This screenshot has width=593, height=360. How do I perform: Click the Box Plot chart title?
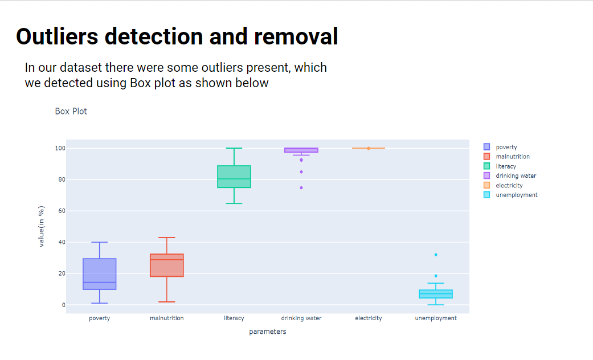[x=71, y=111]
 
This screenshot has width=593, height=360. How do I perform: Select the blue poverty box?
[x=100, y=274]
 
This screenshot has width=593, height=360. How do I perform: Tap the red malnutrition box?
[x=167, y=265]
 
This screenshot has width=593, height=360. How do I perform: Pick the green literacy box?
[x=234, y=177]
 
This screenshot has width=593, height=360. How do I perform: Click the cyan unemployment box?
[x=436, y=294]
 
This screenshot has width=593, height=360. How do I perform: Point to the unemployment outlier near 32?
[x=436, y=255]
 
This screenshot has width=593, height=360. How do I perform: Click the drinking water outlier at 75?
[x=301, y=187]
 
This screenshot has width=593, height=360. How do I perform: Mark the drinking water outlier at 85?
[x=301, y=172]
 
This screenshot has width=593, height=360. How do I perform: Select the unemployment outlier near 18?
[x=436, y=276]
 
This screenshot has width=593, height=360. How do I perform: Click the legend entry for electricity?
[x=509, y=185]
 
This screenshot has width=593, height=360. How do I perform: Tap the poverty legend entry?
[x=506, y=147]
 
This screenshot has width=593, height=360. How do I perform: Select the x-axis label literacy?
[x=234, y=318]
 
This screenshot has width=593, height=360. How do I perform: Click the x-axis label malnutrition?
[x=167, y=318]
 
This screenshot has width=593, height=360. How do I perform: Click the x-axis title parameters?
[x=267, y=332]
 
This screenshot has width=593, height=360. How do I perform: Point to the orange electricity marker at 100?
[x=369, y=148]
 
